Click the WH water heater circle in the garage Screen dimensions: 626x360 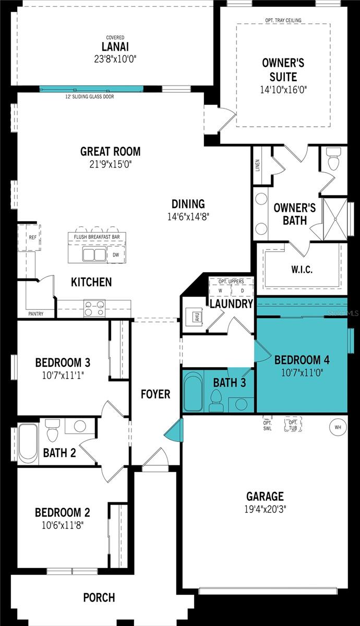tap(338, 427)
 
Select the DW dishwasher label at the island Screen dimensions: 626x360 tap(116, 255)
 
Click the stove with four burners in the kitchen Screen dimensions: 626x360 tap(94, 308)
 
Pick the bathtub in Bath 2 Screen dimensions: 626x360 tap(28, 443)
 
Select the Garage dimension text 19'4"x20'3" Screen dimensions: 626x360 tap(265, 508)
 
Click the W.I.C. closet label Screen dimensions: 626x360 tap(302, 270)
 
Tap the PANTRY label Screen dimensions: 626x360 tap(36, 314)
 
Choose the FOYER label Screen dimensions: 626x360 tap(155, 394)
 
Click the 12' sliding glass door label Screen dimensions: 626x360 tap(90, 97)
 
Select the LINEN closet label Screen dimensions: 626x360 tap(258, 165)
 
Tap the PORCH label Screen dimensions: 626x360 tap(99, 597)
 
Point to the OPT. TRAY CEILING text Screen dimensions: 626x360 tap(283, 21)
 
